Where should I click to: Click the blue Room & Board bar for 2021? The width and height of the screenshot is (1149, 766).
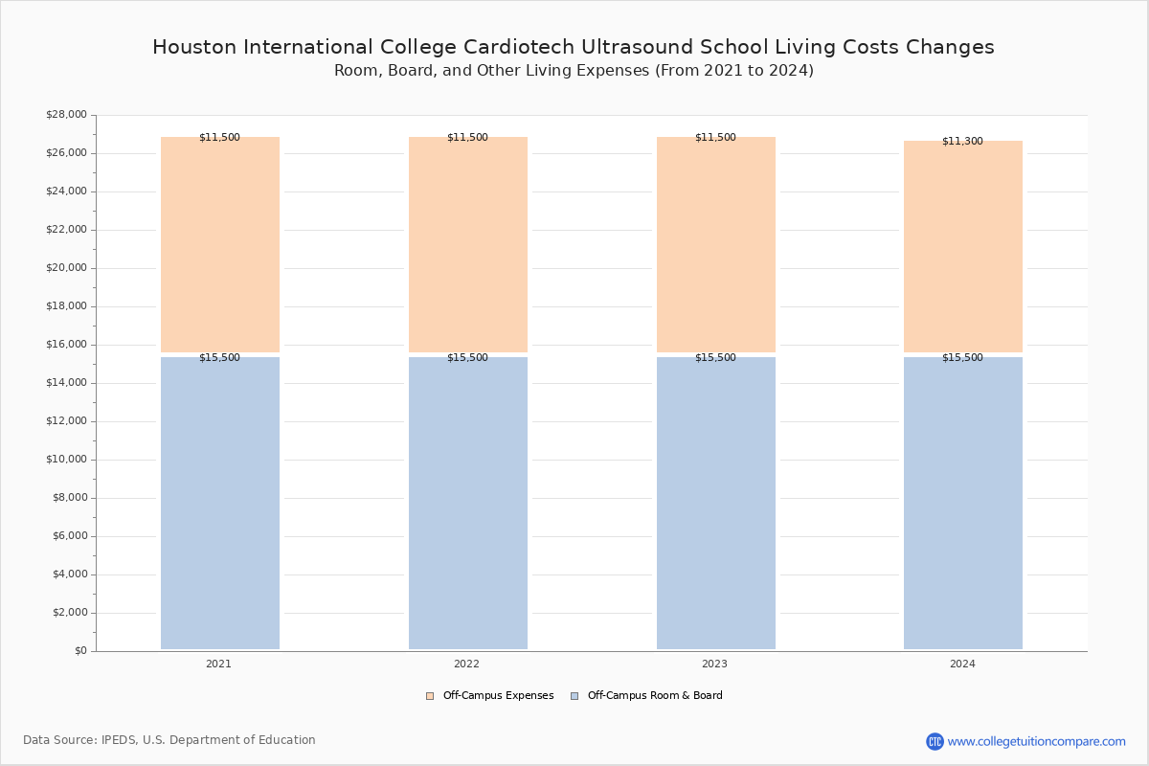pyautogui.click(x=220, y=503)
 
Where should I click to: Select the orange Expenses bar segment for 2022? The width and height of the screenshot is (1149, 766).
pyautogui.click(x=468, y=244)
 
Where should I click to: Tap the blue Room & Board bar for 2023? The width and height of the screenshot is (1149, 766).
pyautogui.click(x=715, y=503)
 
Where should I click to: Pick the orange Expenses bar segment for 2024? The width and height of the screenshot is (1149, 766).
pyautogui.click(x=963, y=246)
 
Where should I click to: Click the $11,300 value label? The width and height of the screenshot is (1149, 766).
pyautogui.click(x=962, y=141)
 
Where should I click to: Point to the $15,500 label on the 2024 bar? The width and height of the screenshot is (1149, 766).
pyautogui.click(x=962, y=357)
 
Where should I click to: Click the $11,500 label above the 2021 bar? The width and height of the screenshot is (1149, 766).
pyautogui.click(x=219, y=137)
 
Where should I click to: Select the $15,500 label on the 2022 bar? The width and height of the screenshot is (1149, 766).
pyautogui.click(x=467, y=357)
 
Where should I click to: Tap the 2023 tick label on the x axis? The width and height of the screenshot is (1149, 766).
pyautogui.click(x=714, y=664)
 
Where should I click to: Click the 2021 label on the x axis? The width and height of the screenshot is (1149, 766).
pyautogui.click(x=218, y=664)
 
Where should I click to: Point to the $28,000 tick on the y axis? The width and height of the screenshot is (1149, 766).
pyautogui.click(x=66, y=115)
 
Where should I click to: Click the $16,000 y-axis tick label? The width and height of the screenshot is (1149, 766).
pyautogui.click(x=66, y=345)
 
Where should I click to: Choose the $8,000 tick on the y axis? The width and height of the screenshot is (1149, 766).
pyautogui.click(x=69, y=498)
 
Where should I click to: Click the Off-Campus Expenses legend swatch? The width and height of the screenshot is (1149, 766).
pyautogui.click(x=430, y=696)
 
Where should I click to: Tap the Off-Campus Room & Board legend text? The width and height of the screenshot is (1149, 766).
pyautogui.click(x=655, y=696)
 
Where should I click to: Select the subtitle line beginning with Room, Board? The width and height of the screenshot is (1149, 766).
pyautogui.click(x=574, y=71)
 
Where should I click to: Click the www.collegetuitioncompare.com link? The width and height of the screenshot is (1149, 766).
pyautogui.click(x=1036, y=741)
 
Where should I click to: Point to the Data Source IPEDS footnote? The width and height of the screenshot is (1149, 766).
pyautogui.click(x=169, y=740)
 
